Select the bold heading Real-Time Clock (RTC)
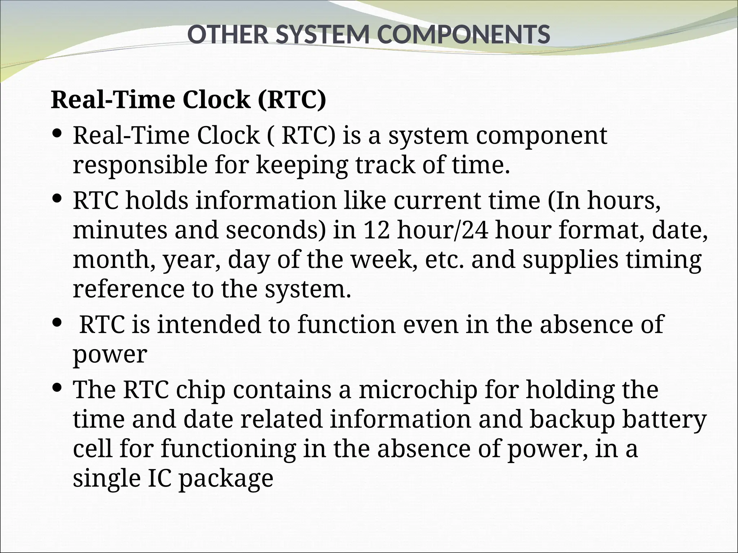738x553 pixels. click(x=188, y=100)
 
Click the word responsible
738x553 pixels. click(x=140, y=165)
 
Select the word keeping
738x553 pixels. click(x=302, y=165)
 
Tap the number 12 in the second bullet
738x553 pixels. click(x=376, y=230)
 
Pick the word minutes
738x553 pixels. click(x=120, y=230)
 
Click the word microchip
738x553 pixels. click(x=418, y=390)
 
